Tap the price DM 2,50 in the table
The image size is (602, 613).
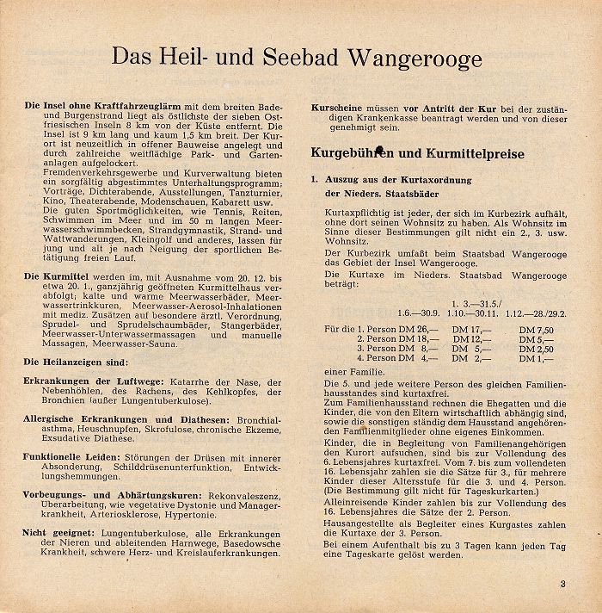(x=537, y=350)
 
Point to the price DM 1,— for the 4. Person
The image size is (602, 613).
(x=533, y=359)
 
